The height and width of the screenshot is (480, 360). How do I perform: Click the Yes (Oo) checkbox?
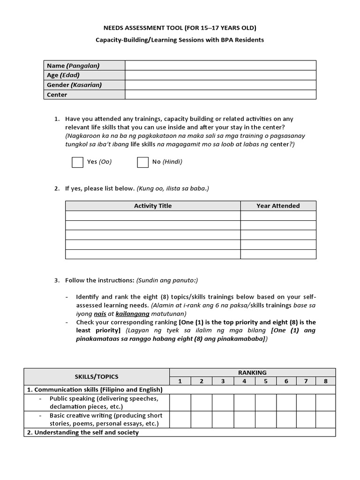[77, 162]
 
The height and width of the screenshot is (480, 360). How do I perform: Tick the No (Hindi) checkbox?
[142, 162]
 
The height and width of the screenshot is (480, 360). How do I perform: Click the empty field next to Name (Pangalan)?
[220, 66]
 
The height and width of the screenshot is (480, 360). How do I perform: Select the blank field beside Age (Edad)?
[220, 75]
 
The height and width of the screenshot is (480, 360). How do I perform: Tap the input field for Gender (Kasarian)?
[220, 85]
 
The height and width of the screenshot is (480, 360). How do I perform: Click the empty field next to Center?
[220, 95]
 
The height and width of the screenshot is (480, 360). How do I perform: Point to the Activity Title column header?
[153, 206]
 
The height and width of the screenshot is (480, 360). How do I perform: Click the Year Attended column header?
[278, 206]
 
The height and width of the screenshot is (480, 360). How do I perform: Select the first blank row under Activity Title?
[153, 216]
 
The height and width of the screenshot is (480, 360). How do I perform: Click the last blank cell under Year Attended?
[278, 254]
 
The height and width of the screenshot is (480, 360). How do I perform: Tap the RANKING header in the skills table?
[252, 373]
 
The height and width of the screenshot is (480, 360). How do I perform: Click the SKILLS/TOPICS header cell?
[97, 377]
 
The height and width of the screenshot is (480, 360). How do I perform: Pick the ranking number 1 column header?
[180, 381]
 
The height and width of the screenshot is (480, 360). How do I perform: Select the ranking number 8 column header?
[325, 381]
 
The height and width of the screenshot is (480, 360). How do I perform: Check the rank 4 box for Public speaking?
[244, 403]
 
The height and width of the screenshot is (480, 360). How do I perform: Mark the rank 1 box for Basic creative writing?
[180, 420]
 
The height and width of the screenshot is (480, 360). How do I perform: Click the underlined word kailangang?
[132, 314]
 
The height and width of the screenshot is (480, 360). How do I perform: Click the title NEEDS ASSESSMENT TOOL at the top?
[180, 28]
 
